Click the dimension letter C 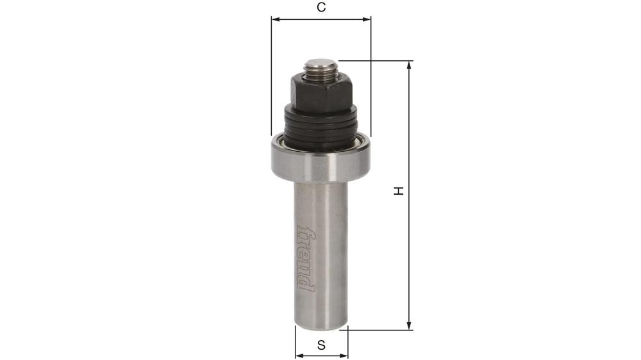[321, 8]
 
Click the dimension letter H [398, 191]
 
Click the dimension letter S [321, 345]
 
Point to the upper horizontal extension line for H [375, 61]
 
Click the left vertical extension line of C [271, 77]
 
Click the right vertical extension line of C [371, 77]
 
